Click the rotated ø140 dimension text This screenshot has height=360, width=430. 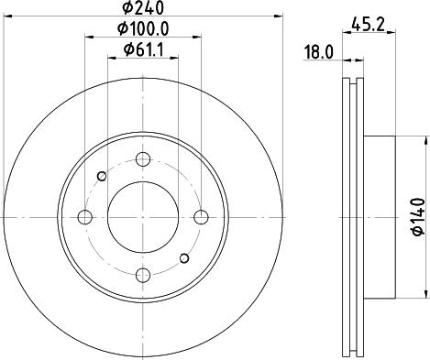[417, 216]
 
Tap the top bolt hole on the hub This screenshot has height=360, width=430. [142, 159]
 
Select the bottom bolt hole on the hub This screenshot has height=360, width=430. [142, 274]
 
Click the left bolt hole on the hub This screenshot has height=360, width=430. [84, 217]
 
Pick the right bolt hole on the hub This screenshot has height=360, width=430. [200, 217]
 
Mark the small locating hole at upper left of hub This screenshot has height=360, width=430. [101, 177]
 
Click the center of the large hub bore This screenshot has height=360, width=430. [142, 217]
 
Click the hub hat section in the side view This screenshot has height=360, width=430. [380, 217]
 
